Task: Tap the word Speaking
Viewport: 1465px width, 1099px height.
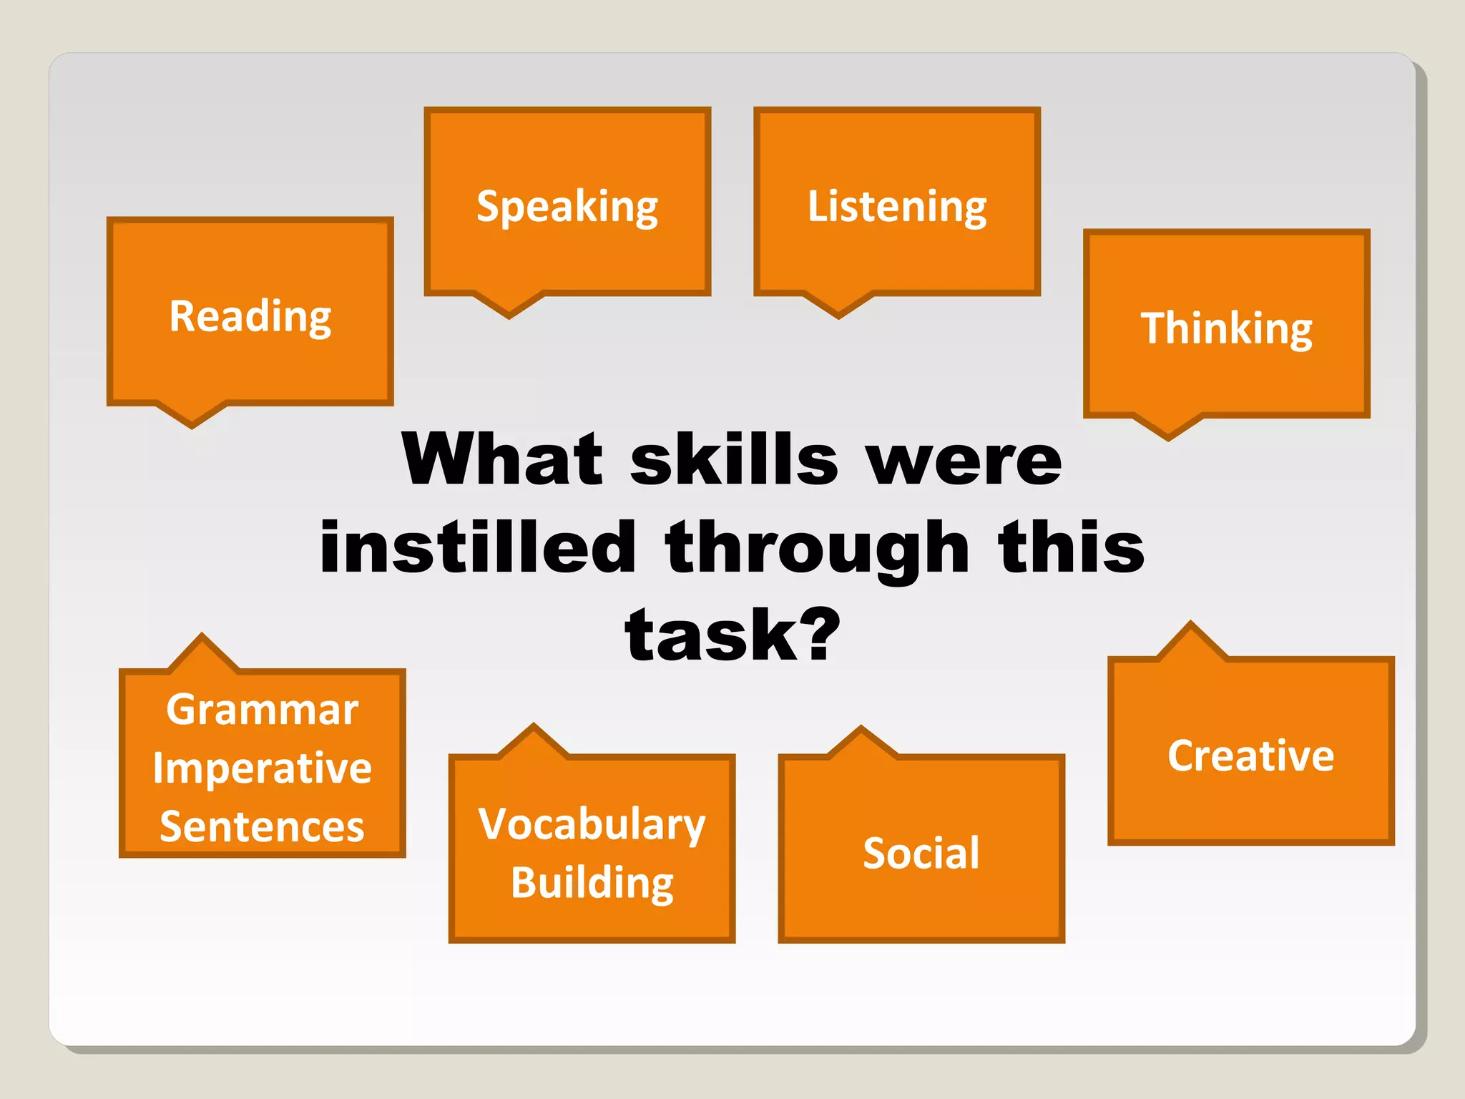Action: click(567, 207)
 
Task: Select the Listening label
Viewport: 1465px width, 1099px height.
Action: click(897, 207)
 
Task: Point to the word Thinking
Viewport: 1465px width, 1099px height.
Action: click(1226, 328)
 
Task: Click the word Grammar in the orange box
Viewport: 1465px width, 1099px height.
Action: click(262, 710)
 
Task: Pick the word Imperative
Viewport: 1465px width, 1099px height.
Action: click(262, 768)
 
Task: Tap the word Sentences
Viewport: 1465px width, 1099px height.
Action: click(262, 826)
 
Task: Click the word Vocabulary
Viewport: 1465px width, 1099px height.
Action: click(592, 824)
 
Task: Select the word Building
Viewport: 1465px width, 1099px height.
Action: click(592, 882)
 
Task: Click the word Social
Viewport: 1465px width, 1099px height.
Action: click(921, 853)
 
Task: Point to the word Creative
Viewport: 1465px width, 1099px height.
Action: click(1250, 756)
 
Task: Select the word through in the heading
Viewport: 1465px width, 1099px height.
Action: click(817, 548)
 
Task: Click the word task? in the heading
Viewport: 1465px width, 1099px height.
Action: click(732, 635)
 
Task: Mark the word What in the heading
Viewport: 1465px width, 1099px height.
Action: click(503, 459)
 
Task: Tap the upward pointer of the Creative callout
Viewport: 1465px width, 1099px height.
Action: click(1190, 639)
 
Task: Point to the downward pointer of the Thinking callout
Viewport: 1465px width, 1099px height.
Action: click(1168, 428)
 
